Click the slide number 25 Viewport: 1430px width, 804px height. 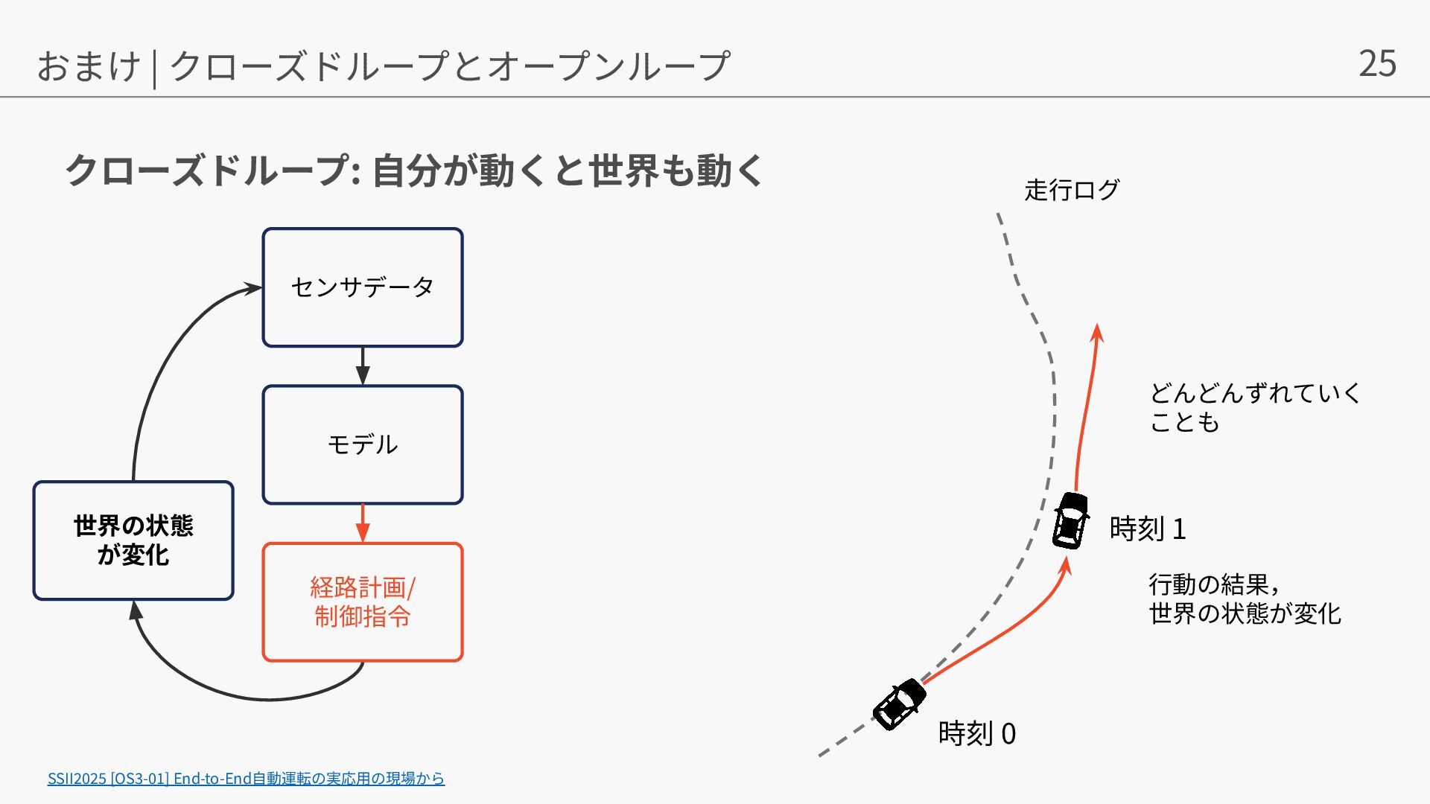(x=1376, y=63)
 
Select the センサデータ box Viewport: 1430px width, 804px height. (x=363, y=287)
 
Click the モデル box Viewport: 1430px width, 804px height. (x=363, y=444)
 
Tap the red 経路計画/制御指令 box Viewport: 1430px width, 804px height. (x=363, y=602)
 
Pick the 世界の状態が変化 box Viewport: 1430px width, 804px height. (x=133, y=540)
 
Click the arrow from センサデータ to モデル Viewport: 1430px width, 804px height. (x=363, y=366)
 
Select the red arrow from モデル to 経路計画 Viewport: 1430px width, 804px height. (x=363, y=523)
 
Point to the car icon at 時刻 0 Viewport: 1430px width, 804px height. (x=899, y=704)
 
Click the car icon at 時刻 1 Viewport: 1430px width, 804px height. (x=1070, y=520)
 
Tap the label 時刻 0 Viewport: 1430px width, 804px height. (x=976, y=733)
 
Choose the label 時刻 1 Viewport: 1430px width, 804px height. (x=1147, y=529)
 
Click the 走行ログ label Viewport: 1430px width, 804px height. (x=1071, y=190)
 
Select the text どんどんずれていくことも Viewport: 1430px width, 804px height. (x=1254, y=407)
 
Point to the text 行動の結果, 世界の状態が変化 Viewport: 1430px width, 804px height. (x=1244, y=599)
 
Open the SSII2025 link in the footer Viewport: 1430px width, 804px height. (x=246, y=778)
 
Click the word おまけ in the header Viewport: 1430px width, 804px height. (x=88, y=66)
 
